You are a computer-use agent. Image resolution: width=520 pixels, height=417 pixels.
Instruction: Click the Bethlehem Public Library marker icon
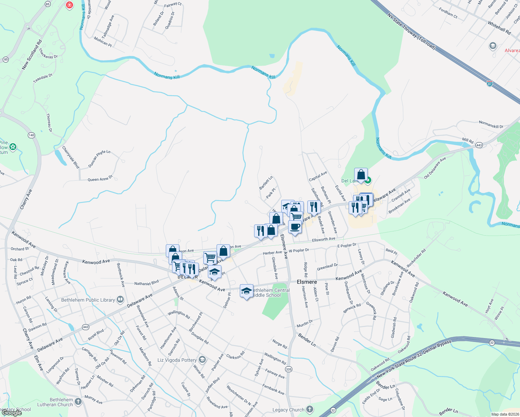point(120,299)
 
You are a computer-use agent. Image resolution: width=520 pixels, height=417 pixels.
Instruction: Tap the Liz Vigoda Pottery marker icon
point(203,359)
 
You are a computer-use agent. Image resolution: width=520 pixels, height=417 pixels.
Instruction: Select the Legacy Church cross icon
point(310,409)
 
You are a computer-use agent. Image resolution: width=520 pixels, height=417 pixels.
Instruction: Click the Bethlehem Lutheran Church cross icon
point(78,402)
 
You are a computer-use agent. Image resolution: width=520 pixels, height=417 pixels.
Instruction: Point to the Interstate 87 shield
point(489,83)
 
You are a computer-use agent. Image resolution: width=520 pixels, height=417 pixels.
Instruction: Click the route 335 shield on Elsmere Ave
point(289,369)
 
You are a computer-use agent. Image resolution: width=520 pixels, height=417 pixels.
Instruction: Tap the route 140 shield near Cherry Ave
point(32,135)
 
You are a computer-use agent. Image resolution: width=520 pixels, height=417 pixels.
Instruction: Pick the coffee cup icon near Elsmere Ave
point(295,227)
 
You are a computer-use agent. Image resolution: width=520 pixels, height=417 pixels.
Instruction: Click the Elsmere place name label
point(307,282)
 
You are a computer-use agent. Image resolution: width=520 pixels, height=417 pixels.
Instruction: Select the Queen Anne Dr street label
point(100,179)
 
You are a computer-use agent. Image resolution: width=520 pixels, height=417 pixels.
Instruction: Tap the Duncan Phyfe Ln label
point(99,159)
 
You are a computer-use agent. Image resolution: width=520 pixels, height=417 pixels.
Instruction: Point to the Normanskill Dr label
point(491,124)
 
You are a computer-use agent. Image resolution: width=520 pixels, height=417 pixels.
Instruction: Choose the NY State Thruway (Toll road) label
point(411,32)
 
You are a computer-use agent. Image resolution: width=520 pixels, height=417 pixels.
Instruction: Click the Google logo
point(12,413)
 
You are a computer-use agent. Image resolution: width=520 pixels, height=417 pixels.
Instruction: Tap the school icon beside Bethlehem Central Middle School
point(246,291)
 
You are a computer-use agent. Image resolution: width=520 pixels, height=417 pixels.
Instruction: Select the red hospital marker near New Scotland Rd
point(70,5)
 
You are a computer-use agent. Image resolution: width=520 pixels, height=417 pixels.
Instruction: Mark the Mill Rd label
point(468,141)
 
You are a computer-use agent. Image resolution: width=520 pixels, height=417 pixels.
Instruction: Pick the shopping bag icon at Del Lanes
point(361,174)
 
